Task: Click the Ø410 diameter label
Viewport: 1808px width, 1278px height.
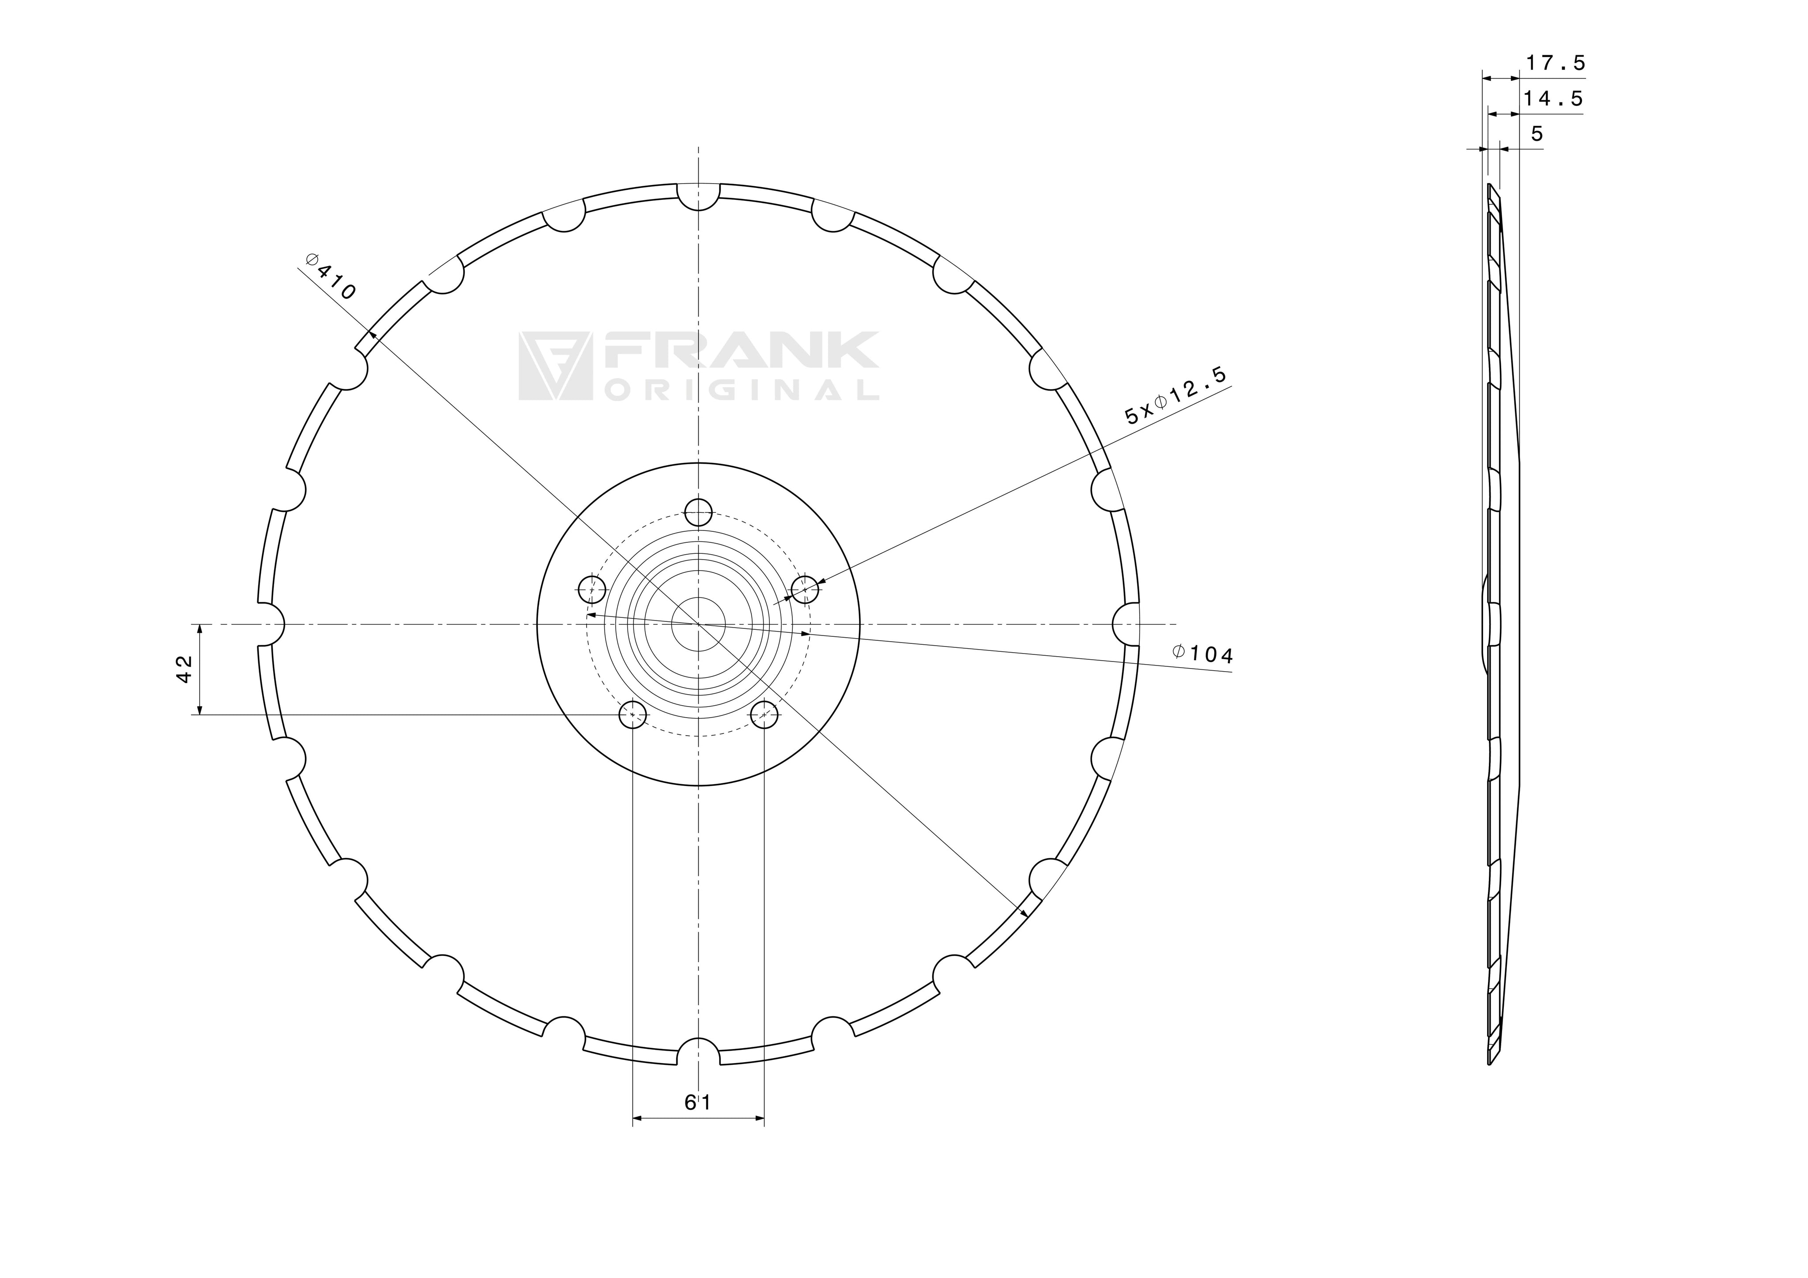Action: point(331,276)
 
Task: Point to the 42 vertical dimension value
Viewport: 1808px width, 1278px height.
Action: point(184,669)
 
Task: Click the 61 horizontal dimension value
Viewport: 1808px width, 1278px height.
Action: point(698,1102)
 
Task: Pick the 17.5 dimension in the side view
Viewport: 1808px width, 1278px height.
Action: point(1555,63)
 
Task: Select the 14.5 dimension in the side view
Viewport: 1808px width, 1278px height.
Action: point(1553,99)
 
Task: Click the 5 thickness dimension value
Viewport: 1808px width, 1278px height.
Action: point(1537,134)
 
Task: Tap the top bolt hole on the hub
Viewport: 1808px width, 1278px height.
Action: point(698,513)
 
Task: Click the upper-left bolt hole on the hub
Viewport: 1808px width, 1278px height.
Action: point(592,588)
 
